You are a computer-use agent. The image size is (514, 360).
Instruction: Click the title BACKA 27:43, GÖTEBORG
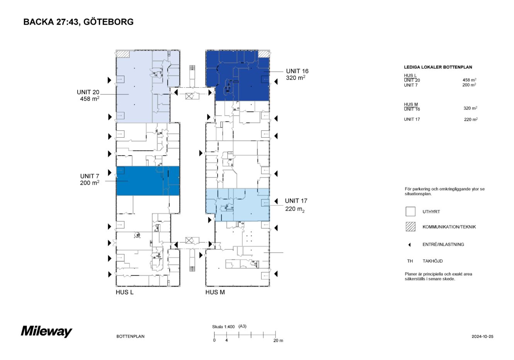tap(78, 22)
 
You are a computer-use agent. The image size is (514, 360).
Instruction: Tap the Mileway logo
tap(46, 331)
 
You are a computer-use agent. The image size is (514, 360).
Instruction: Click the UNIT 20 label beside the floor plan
tap(88, 92)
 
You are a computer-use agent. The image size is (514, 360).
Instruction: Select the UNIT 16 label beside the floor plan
tap(297, 71)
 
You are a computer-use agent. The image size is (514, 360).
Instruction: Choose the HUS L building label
tap(124, 292)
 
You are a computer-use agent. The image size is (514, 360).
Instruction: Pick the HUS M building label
tap(215, 292)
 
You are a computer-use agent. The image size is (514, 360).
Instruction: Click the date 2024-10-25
tap(482, 336)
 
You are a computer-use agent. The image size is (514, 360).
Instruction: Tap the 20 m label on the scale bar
tap(278, 341)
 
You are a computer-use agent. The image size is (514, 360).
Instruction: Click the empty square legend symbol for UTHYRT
tap(410, 212)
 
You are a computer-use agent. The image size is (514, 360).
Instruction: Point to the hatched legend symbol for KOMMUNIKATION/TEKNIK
tap(410, 227)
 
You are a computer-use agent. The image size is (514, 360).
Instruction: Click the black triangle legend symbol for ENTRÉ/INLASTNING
tap(410, 245)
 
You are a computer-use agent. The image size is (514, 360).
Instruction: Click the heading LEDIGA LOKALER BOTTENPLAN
tap(438, 67)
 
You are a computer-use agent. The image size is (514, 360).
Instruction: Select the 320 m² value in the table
tap(470, 108)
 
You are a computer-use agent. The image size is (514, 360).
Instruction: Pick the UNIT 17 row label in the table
tap(412, 119)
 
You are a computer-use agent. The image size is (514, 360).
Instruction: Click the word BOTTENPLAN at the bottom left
tap(130, 336)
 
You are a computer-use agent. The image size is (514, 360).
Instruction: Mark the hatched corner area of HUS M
tap(264, 53)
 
